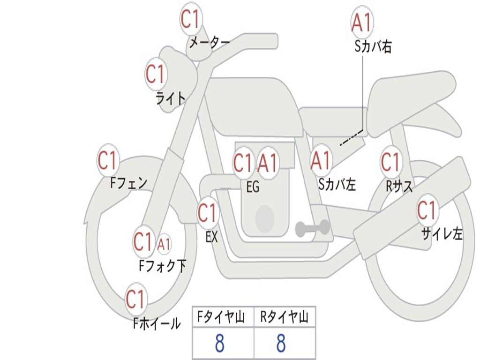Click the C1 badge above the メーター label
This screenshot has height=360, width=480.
point(191,19)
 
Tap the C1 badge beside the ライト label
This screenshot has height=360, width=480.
point(156,74)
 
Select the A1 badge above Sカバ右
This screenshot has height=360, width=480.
point(362,22)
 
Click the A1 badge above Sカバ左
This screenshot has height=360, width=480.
point(322,161)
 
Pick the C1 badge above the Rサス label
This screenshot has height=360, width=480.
point(390,161)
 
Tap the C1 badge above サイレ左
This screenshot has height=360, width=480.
point(427,210)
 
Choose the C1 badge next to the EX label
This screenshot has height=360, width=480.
point(208,213)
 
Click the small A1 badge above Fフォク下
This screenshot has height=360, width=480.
point(164,244)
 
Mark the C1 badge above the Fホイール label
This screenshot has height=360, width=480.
point(136,299)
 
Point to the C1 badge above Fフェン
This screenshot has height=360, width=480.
point(108,160)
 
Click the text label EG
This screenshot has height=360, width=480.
point(253,187)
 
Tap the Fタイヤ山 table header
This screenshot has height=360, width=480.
point(223,318)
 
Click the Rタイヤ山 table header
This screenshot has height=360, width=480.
point(285,318)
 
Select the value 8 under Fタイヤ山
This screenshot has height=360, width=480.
point(219,344)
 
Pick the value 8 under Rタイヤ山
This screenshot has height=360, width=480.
point(281,344)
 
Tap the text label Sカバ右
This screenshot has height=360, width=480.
point(373,46)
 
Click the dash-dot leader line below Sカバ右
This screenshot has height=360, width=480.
point(356,134)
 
